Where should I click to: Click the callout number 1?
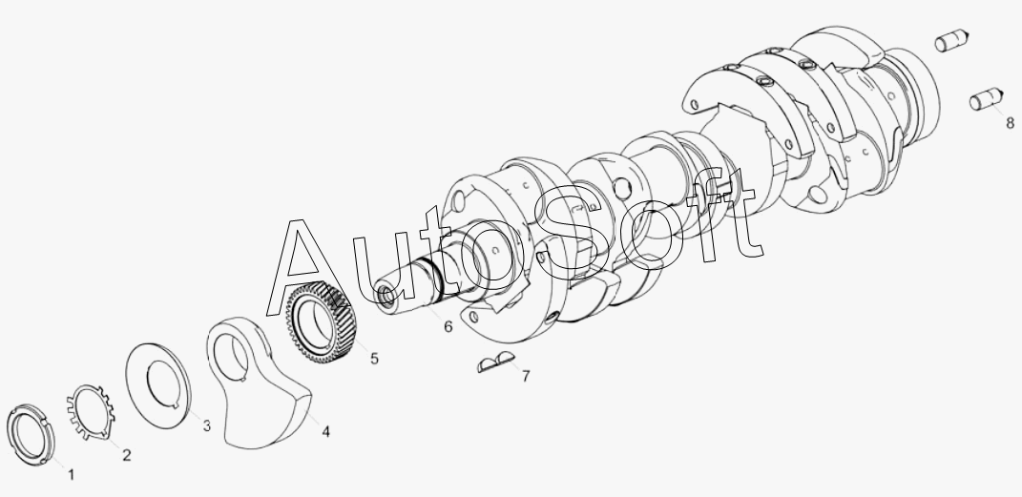[x=71, y=475]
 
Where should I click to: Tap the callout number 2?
[x=127, y=455]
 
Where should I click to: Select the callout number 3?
[x=207, y=426]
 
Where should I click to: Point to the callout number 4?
[x=325, y=431]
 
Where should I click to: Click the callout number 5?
[x=374, y=359]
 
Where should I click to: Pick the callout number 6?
[x=448, y=326]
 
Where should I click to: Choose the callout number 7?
[x=526, y=376]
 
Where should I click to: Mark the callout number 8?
[x=1010, y=122]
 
